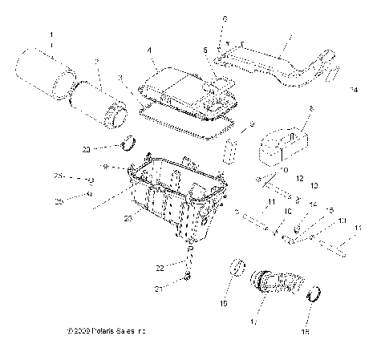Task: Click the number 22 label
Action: click(x=159, y=268)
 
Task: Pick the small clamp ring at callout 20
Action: click(x=127, y=145)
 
